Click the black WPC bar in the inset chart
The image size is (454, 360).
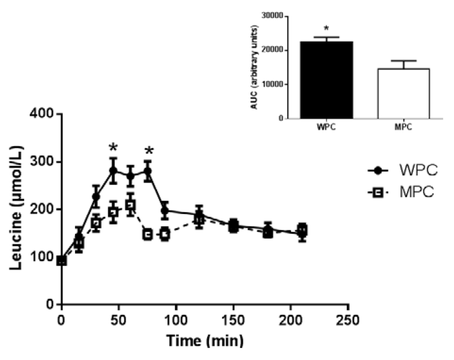pyautogui.click(x=326, y=80)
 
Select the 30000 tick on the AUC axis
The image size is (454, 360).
pyautogui.click(x=273, y=16)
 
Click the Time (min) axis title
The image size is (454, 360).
pyautogui.click(x=205, y=341)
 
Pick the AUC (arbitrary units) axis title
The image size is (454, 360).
pyautogui.click(x=254, y=67)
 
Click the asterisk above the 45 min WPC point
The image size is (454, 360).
pyautogui.click(x=113, y=147)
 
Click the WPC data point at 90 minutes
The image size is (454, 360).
pyautogui.click(x=165, y=211)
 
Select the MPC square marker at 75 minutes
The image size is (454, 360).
pyautogui.click(x=148, y=235)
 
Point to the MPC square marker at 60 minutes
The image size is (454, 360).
pyautogui.click(x=130, y=205)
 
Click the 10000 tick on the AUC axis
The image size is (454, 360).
pyautogui.click(x=273, y=84)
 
